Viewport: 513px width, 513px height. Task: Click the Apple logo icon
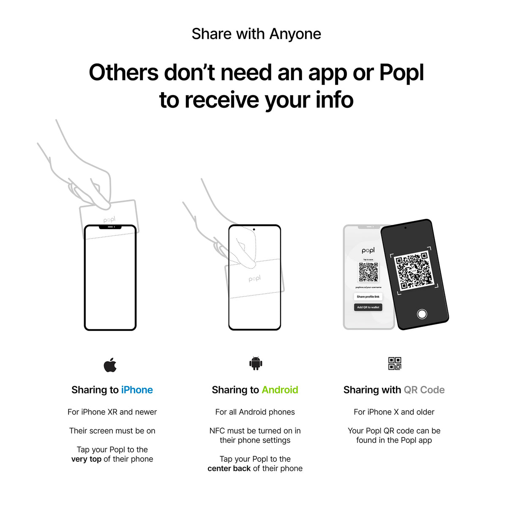click(x=110, y=365)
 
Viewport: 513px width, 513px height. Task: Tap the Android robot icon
click(x=256, y=363)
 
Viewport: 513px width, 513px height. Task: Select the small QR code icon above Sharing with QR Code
click(x=394, y=363)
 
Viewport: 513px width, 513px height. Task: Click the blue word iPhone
click(x=137, y=390)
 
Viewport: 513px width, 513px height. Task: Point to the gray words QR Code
click(x=424, y=390)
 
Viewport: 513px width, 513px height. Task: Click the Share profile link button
click(x=368, y=297)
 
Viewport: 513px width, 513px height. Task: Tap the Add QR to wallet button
click(x=368, y=307)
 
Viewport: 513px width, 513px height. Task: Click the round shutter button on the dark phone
click(x=422, y=314)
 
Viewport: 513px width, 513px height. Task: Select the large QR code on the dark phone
click(x=414, y=270)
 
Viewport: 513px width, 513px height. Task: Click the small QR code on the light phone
click(x=368, y=272)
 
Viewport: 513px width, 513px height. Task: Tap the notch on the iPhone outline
click(x=110, y=227)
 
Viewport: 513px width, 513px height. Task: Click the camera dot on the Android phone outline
click(x=254, y=229)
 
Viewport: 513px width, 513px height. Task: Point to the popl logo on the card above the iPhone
click(x=109, y=220)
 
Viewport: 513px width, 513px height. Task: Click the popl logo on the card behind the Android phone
click(x=255, y=278)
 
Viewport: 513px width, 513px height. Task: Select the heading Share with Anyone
click(x=256, y=34)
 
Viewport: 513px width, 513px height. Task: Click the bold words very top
click(x=86, y=459)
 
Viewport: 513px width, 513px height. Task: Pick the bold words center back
click(x=229, y=469)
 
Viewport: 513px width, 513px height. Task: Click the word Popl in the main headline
click(x=401, y=73)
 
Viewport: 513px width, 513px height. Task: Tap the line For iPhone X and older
click(x=394, y=412)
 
